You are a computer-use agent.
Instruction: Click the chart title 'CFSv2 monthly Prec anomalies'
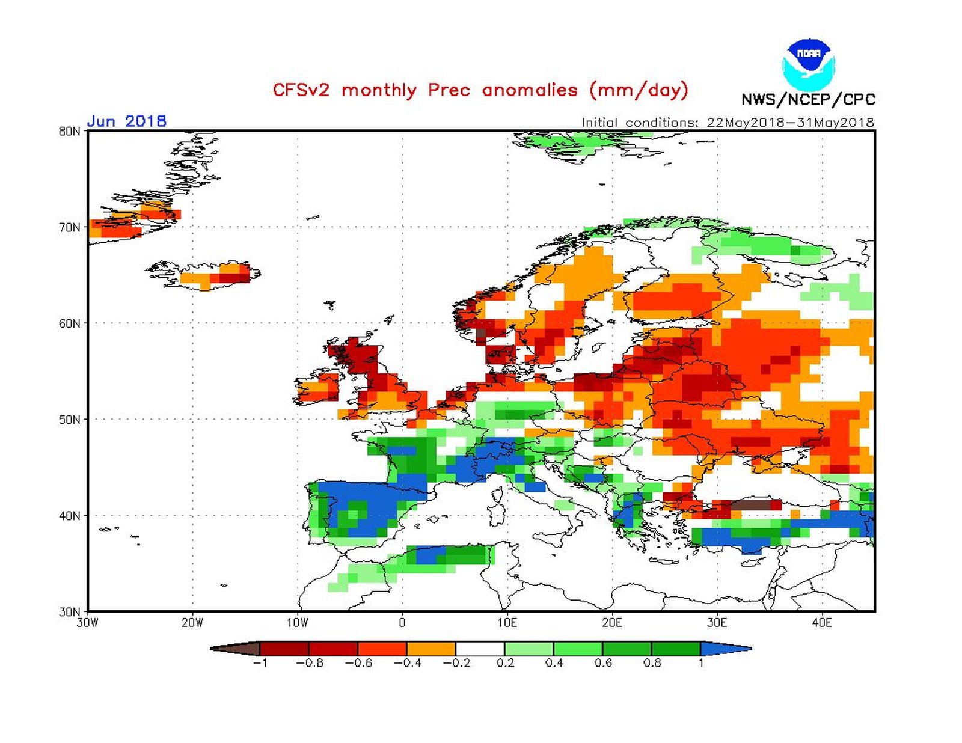(480, 90)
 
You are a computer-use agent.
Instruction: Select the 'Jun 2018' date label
(126, 121)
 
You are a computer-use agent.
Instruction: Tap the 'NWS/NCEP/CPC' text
(808, 99)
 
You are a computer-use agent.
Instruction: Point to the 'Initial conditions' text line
(728, 122)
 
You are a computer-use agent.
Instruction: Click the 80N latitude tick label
(69, 131)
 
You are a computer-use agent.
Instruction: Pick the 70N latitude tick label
(69, 227)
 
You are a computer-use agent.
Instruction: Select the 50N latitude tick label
(69, 420)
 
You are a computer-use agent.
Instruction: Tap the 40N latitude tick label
(69, 516)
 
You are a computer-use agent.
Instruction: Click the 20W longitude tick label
(192, 623)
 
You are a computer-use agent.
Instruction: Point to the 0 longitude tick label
(402, 623)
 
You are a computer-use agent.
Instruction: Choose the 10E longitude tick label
(507, 623)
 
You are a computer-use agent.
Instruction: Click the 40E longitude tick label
(822, 623)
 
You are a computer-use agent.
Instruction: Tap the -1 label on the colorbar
(260, 663)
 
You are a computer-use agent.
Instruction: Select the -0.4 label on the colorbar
(407, 663)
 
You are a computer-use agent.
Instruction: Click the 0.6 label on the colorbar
(603, 663)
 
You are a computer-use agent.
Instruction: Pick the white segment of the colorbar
(480, 649)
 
